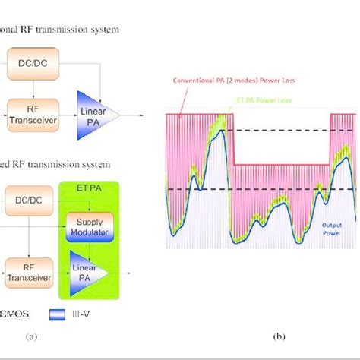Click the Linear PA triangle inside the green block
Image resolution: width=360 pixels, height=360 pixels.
(89, 270)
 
